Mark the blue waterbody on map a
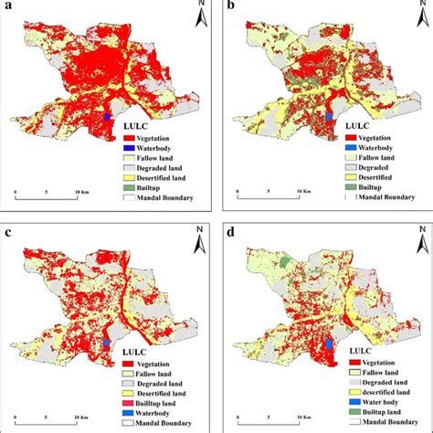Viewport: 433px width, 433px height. tap(108, 117)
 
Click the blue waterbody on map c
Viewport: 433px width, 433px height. tap(108, 343)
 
